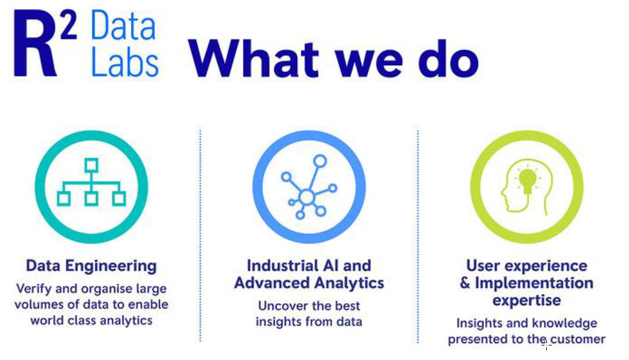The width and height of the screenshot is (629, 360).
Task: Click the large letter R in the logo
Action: pyautogui.click(x=35, y=43)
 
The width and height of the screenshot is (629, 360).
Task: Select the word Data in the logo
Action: pyautogui.click(x=123, y=25)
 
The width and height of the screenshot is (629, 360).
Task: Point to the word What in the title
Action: pyautogui.click(x=254, y=59)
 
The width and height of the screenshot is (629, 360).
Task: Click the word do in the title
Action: pyautogui.click(x=448, y=59)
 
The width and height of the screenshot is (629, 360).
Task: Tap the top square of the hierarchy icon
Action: pyautogui.click(x=92, y=166)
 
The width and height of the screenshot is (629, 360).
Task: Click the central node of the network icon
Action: pyautogui.click(x=307, y=197)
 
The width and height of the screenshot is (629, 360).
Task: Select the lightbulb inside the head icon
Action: pyautogui.click(x=527, y=180)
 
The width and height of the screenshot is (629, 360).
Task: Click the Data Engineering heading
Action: pyautogui.click(x=92, y=266)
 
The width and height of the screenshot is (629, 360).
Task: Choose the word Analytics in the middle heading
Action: pyautogui.click(x=349, y=283)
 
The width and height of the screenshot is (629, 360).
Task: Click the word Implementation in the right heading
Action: pyautogui.click(x=534, y=283)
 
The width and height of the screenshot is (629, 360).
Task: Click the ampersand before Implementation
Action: pyautogui.click(x=465, y=283)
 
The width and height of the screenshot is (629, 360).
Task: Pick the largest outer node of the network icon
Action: pyautogui.click(x=320, y=161)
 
